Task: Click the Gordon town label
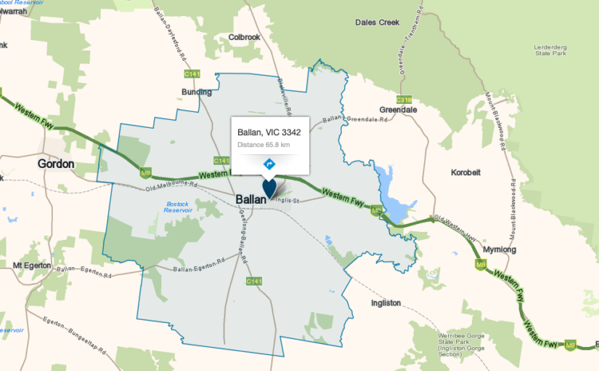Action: pos(56,164)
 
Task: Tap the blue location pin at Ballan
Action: pos(269,188)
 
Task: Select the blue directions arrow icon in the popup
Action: pos(269,164)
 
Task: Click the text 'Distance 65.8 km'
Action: pos(264,145)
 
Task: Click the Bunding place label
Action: pos(196,92)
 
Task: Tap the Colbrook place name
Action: pos(244,36)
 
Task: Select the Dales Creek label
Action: pos(378,23)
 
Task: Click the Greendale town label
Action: pos(397,111)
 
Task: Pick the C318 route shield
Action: pos(404,99)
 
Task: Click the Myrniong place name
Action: pos(499,250)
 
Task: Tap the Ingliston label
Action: pos(385,303)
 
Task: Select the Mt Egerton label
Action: pos(32,266)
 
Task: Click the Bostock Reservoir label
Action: pos(177,211)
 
